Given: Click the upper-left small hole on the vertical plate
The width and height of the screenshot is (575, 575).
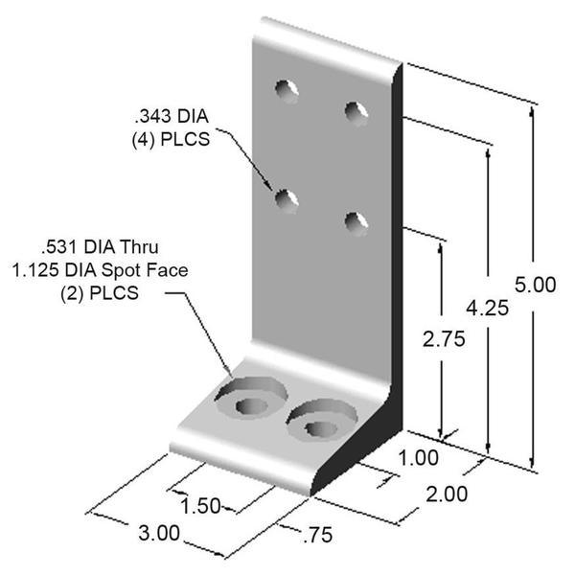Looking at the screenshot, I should [286, 89].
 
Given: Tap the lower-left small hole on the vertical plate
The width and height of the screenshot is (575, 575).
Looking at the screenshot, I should [285, 199].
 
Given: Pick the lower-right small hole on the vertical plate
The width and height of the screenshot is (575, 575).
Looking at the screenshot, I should [356, 221].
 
